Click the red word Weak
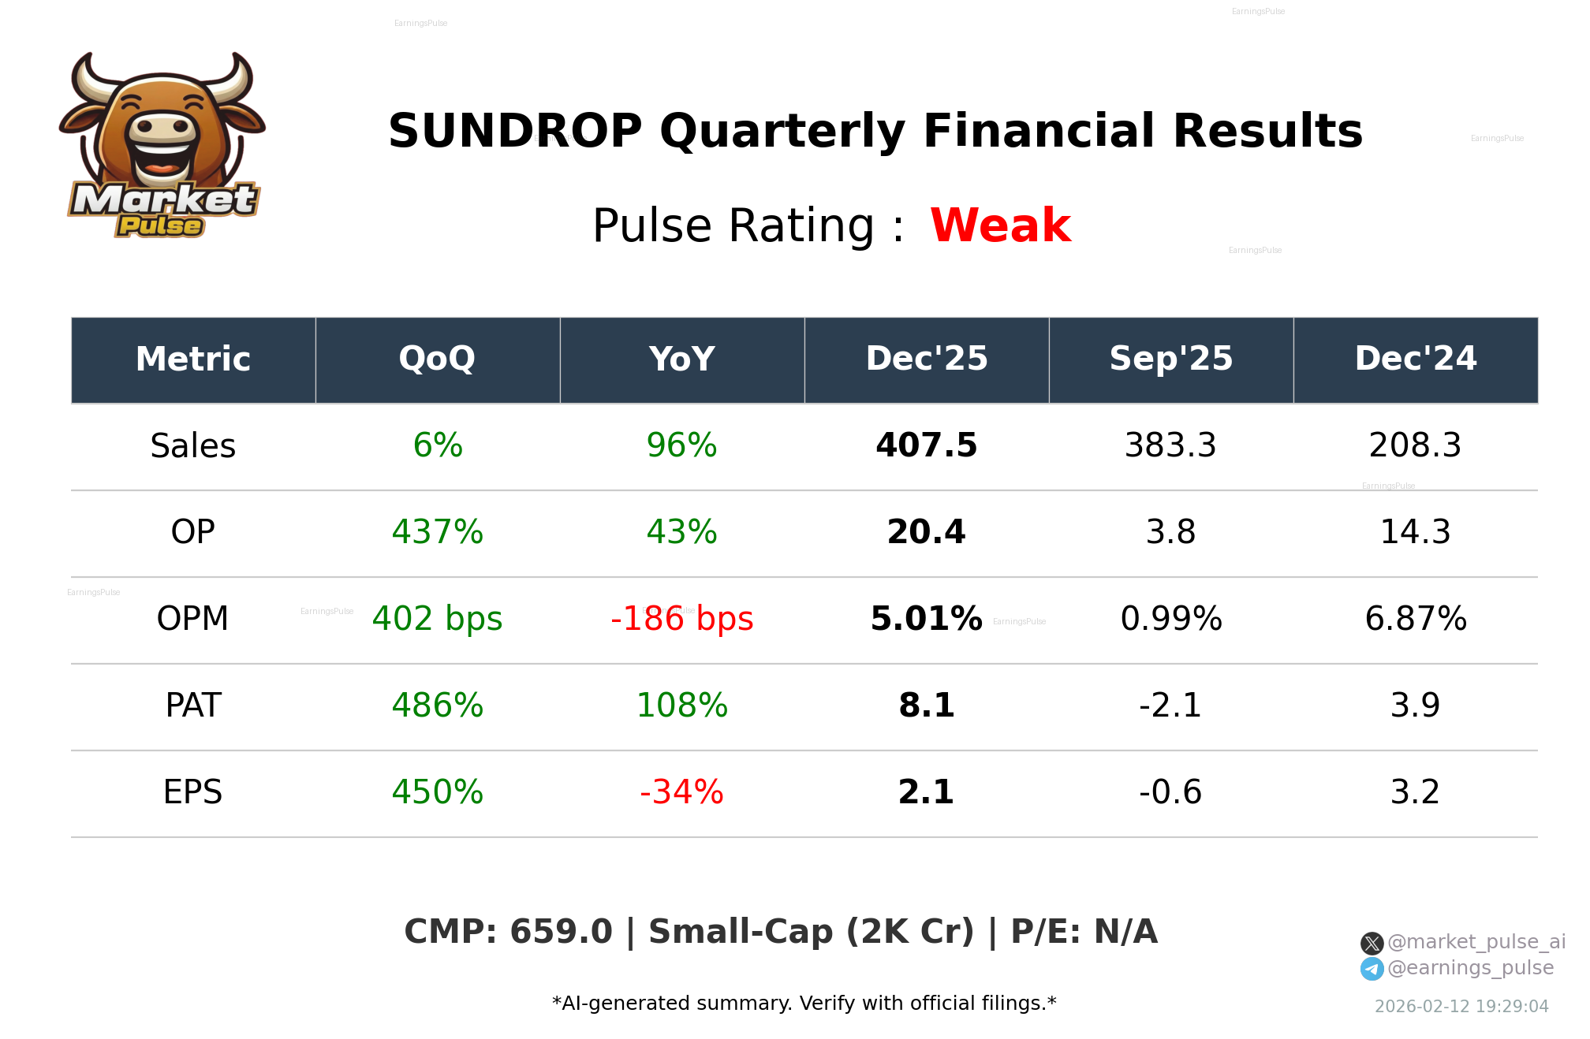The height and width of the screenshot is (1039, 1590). pyautogui.click(x=1000, y=225)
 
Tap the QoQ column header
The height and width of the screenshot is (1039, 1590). pyautogui.click(x=437, y=359)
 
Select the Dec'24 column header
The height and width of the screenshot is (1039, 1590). pyautogui.click(x=1415, y=359)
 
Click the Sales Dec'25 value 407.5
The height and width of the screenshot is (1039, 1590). pyautogui.click(x=926, y=445)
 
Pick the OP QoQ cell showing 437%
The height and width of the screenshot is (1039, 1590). pyautogui.click(x=437, y=532)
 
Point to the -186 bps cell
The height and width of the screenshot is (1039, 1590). pyautogui.click(x=681, y=619)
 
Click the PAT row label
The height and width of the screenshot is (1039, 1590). pyautogui.click(x=193, y=706)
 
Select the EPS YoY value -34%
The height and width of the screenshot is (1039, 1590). pyautogui.click(x=681, y=792)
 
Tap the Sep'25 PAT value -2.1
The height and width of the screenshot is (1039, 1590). pyautogui.click(x=1170, y=706)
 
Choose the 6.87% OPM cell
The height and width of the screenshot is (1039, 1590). pyautogui.click(x=1415, y=619)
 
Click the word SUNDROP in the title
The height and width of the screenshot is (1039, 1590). pyautogui.click(x=515, y=131)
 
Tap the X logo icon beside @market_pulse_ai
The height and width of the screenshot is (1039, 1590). pyautogui.click(x=1372, y=943)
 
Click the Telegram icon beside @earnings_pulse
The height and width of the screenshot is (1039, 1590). pyautogui.click(x=1372, y=969)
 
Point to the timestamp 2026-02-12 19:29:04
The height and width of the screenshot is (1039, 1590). pyautogui.click(x=1461, y=1007)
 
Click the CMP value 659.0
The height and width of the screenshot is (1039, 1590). pyautogui.click(x=561, y=932)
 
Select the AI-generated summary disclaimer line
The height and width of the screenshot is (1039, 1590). pyautogui.click(x=804, y=1004)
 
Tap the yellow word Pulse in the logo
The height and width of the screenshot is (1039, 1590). pyautogui.click(x=160, y=226)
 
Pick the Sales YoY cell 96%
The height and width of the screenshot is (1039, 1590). pyautogui.click(x=681, y=445)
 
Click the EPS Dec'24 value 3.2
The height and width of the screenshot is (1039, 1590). pyautogui.click(x=1415, y=792)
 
